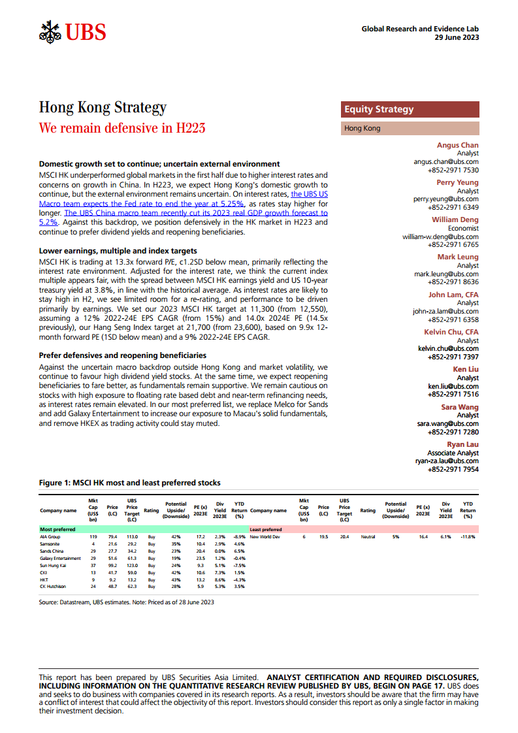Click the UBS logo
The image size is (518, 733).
[x=73, y=31]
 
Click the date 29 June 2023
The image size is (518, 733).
[x=457, y=38]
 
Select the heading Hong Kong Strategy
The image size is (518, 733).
[x=103, y=107]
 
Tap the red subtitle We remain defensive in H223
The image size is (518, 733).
[x=122, y=127]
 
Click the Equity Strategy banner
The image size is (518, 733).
[x=379, y=110]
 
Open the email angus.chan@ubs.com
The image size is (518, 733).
[x=445, y=161]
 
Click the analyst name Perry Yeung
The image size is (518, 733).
[x=457, y=182]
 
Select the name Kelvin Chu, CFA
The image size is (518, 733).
[x=451, y=332]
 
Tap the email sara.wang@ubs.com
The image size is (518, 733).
[x=447, y=423]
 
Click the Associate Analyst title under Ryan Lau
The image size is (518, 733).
[x=453, y=453]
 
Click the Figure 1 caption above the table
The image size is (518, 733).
[x=129, y=483]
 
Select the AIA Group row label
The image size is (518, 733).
[x=50, y=536]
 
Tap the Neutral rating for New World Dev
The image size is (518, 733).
[x=368, y=536]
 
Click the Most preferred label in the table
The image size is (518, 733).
[x=57, y=529]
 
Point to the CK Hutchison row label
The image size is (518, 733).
[x=54, y=587]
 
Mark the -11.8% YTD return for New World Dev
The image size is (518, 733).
[x=467, y=536]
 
